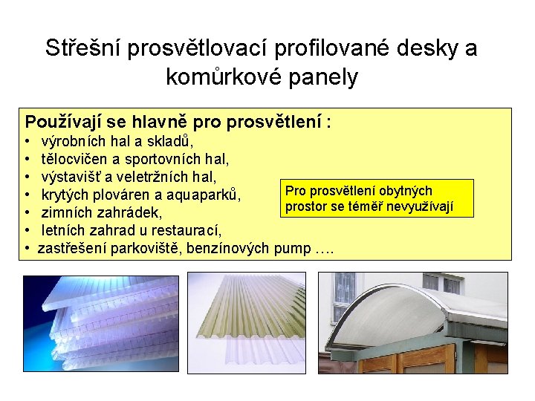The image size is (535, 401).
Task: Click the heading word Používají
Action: [65, 120]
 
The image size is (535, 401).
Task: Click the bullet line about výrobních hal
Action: [118, 141]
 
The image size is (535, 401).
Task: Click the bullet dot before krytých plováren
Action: [27, 195]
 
